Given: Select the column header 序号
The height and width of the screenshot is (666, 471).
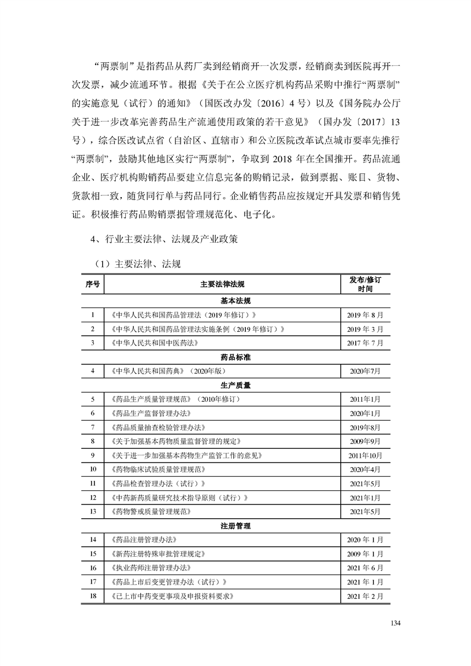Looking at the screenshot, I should point(93,284).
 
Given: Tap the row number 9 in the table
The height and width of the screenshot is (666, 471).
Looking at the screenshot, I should point(93,455).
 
